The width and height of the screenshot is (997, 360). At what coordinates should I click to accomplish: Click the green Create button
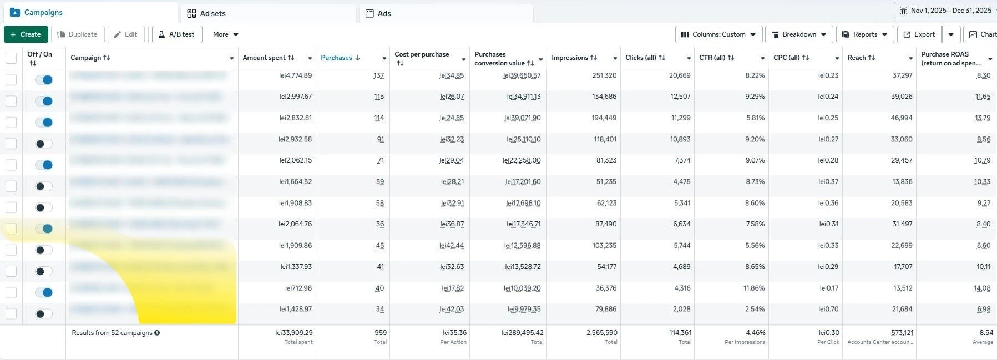[x=26, y=34]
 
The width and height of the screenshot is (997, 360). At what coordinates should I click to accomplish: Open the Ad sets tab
[x=212, y=13]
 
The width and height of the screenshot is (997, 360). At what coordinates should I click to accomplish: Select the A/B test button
[x=176, y=34]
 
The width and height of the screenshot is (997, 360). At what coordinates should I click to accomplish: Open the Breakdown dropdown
[x=798, y=34]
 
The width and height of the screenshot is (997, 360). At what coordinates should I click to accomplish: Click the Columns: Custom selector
[x=718, y=34]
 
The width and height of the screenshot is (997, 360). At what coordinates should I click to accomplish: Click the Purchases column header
[x=336, y=58]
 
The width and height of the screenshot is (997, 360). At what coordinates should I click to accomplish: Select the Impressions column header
[x=569, y=58]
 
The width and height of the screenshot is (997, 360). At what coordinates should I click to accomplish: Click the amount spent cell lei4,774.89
[x=296, y=75]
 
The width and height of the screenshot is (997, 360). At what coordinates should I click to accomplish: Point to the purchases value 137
[x=379, y=75]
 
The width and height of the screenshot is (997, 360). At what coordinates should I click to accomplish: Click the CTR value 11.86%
[x=754, y=288]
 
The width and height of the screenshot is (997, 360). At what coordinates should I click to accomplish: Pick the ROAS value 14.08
[x=982, y=288]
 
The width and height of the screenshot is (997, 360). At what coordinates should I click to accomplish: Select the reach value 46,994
[x=902, y=118]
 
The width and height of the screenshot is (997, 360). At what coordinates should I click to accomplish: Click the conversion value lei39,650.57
[x=522, y=75]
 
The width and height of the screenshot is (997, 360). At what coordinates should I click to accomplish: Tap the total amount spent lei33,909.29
[x=294, y=333]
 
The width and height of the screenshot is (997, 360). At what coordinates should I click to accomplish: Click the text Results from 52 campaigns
[x=112, y=333]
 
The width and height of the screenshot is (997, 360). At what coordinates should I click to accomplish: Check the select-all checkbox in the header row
[x=11, y=58]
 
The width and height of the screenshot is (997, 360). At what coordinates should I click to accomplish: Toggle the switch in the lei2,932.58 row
[x=44, y=144]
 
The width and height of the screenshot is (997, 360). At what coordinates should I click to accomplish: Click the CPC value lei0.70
[x=828, y=310]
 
